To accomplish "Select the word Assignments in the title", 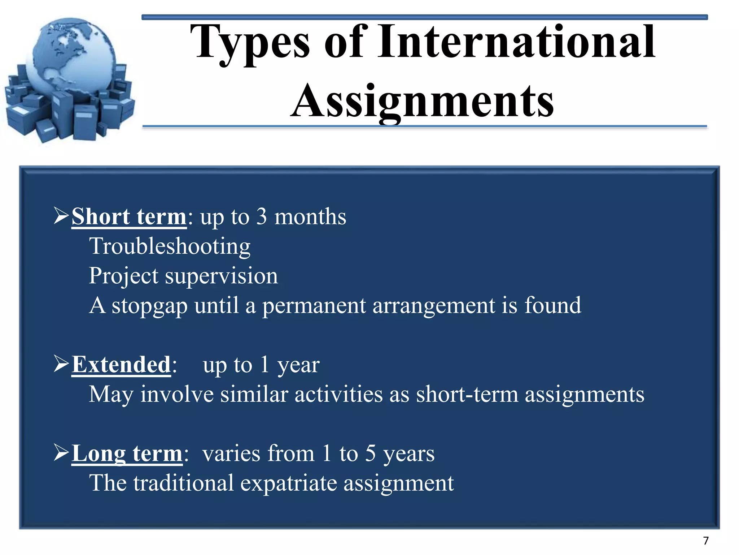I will tap(422, 101).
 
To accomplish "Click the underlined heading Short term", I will tap(129, 217).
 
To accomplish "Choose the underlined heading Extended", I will tap(121, 365).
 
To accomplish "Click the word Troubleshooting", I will tap(170, 247).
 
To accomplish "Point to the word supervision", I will tap(221, 276).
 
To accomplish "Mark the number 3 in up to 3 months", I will tap(262, 217).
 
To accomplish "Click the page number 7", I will tap(706, 541).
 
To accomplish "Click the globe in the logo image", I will tap(72, 58).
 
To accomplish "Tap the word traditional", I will tap(183, 483).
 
